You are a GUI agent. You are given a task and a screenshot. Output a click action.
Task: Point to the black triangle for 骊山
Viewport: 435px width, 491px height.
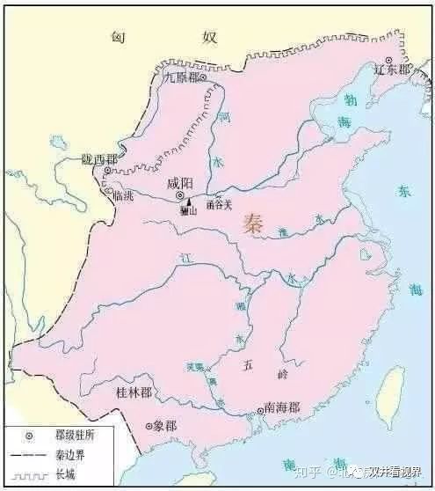coord(188,202)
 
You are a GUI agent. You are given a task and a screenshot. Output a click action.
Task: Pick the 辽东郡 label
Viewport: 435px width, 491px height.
coord(391,70)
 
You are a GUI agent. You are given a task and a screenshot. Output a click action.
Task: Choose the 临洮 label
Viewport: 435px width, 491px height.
coord(123,195)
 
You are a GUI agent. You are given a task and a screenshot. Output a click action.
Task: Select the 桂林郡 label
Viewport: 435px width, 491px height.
coord(133,391)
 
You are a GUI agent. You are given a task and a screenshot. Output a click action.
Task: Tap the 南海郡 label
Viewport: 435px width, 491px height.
coord(281,408)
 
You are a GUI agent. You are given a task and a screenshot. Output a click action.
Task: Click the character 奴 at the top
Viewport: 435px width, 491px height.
coord(209,36)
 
